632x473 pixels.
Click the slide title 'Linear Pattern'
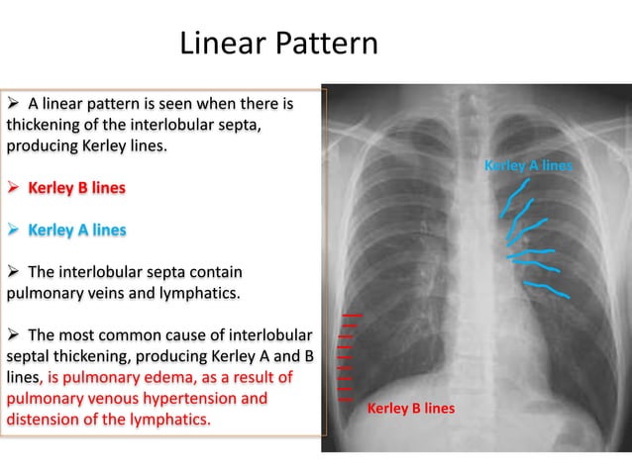(278, 44)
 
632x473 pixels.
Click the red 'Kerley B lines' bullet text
(76, 187)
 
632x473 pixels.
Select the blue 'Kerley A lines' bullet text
(76, 230)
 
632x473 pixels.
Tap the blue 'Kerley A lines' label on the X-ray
(528, 165)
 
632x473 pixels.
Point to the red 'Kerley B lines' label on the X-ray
(410, 408)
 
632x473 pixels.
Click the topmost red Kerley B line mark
(352, 315)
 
